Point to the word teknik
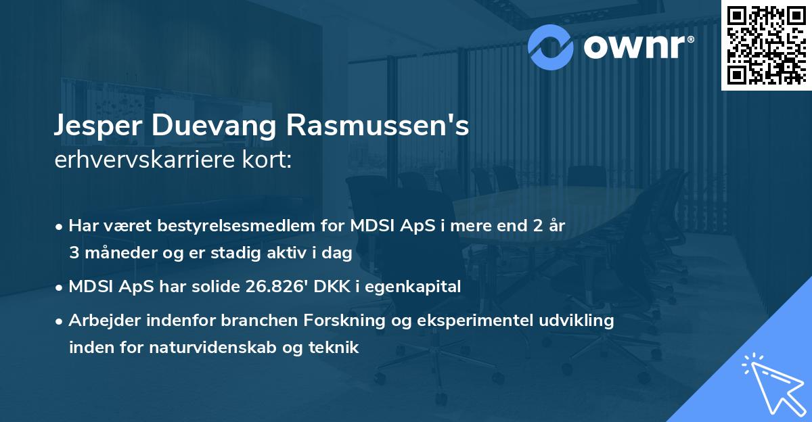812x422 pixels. tap(333, 348)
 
